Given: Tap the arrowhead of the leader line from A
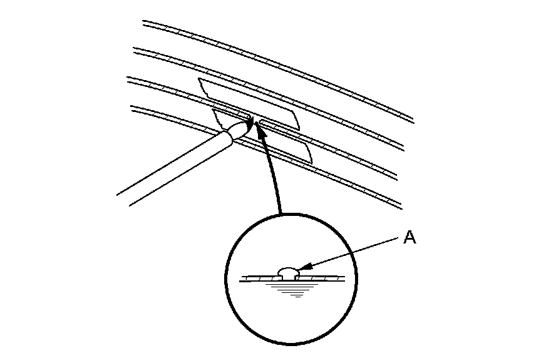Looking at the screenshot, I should pos(301,270).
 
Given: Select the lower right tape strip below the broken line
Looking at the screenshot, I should pos(294,147).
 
